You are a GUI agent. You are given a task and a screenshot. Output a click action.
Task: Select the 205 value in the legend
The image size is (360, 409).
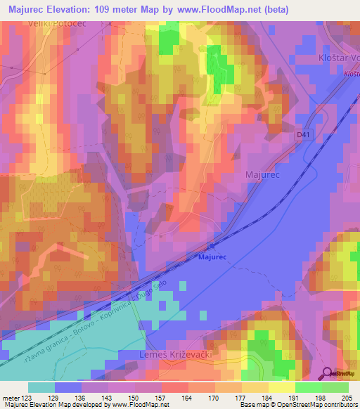click(x=345, y=398)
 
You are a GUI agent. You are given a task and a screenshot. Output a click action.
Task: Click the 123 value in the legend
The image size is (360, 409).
click(x=28, y=398)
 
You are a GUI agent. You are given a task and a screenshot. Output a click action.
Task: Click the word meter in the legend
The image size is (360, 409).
click(x=11, y=398)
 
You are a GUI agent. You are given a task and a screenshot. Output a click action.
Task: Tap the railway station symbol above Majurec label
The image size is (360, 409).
click(x=212, y=247)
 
